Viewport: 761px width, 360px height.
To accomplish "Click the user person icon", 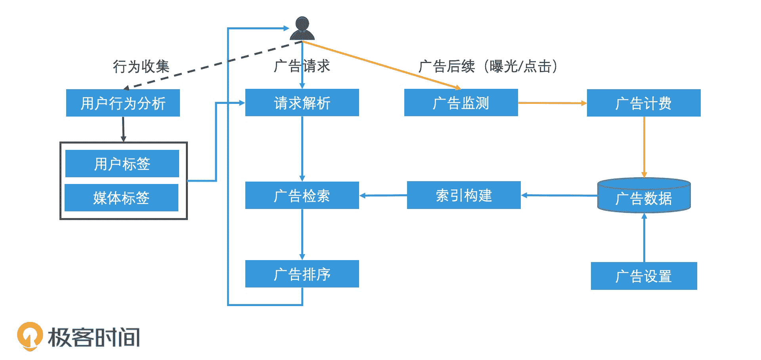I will (302, 28).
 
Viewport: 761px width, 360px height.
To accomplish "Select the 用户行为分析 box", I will (123, 103).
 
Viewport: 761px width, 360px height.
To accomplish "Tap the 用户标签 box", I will (122, 163).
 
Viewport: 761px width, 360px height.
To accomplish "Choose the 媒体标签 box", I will (121, 197).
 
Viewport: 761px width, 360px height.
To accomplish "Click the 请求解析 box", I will (302, 103).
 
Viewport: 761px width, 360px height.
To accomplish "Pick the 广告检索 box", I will (302, 195).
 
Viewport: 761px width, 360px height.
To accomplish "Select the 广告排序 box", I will (302, 274).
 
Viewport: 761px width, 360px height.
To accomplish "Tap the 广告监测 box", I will (461, 103).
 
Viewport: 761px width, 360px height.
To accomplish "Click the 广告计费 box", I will (644, 103).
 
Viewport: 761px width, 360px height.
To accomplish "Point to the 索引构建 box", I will (464, 195).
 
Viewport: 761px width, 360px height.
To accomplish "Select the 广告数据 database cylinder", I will (644, 196).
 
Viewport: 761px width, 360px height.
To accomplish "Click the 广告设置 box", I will (644, 276).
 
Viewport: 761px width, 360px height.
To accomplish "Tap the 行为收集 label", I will (141, 66).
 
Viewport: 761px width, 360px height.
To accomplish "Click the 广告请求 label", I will (302, 66).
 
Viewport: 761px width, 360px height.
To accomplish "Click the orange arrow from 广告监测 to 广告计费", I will (552, 103).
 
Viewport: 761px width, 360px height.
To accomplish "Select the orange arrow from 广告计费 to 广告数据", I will (644, 147).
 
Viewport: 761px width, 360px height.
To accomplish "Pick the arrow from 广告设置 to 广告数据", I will (644, 238).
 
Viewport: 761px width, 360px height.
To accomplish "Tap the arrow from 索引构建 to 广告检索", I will (383, 195).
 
